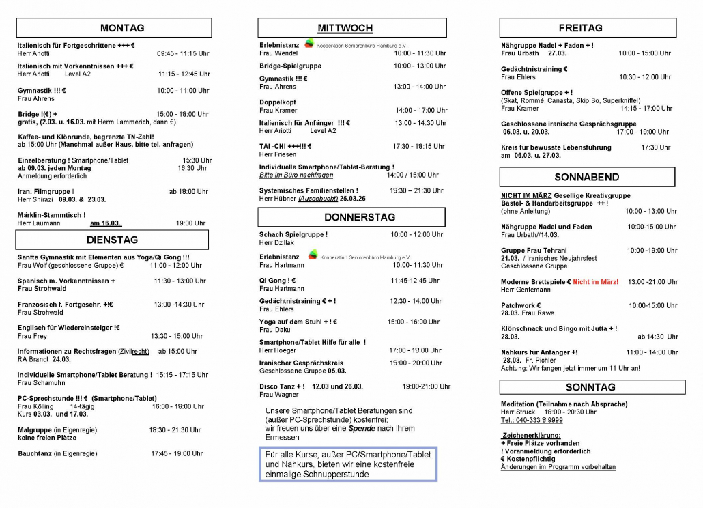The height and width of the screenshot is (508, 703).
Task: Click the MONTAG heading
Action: pyautogui.click(x=122, y=28)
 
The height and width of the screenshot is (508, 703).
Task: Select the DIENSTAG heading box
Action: pyautogui.click(x=112, y=240)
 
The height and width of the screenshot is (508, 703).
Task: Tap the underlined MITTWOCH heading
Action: pyautogui.click(x=345, y=28)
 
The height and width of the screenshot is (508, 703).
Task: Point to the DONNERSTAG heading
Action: pyautogui.click(x=351, y=217)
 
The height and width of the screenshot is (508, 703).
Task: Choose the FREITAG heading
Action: pyautogui.click(x=580, y=28)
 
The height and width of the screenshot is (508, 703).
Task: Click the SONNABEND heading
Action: pyautogui.click(x=587, y=177)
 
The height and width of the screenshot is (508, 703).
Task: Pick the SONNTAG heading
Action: pyautogui.click(x=590, y=387)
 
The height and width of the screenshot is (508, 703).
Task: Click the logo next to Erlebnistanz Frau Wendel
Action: pyautogui.click(x=310, y=44)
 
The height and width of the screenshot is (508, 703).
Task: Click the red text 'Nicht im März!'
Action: pyautogui.click(x=595, y=281)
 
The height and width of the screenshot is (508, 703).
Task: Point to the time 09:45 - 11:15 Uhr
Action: pyautogui.click(x=183, y=53)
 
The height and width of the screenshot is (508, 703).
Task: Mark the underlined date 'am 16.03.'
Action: pyautogui.click(x=105, y=223)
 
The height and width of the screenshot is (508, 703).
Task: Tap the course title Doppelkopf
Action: pyautogui.click(x=276, y=102)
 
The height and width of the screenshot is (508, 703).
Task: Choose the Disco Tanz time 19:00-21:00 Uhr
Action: pyautogui.click(x=426, y=386)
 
